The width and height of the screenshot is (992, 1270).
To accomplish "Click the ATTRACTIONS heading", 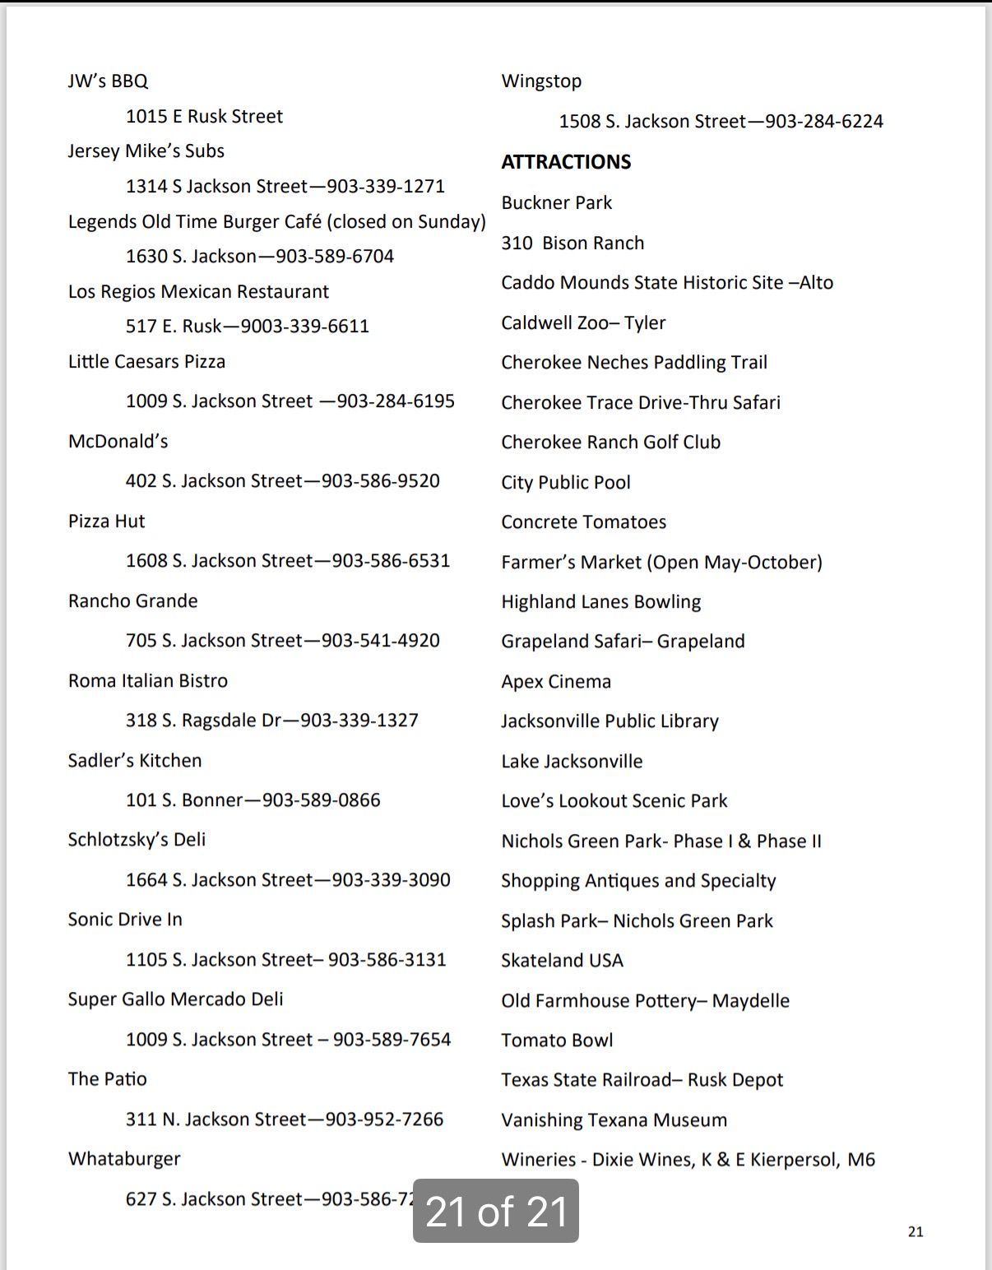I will [566, 162].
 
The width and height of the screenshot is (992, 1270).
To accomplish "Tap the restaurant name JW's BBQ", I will [108, 81].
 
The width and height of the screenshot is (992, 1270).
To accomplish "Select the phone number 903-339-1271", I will [386, 187].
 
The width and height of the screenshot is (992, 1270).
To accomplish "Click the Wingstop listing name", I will [541, 81].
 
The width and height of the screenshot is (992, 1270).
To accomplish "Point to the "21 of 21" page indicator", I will [496, 1211].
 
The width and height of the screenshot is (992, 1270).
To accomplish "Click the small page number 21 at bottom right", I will [916, 1231].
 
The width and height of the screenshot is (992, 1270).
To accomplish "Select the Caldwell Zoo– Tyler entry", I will [583, 322].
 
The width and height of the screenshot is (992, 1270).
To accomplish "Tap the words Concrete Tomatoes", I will [583, 522].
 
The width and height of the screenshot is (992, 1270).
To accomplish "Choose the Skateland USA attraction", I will [562, 961].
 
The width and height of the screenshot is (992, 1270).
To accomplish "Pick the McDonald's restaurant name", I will [118, 442].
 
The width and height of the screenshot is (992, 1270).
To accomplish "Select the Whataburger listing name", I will [124, 1159].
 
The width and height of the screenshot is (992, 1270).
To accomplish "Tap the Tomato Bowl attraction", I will [557, 1041].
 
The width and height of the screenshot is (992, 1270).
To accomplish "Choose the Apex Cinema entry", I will [556, 682].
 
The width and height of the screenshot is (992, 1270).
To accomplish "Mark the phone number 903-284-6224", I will [824, 122].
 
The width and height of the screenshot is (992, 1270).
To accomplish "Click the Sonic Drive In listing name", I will [125, 920].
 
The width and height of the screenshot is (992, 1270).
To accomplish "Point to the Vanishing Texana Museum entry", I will [614, 1120].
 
